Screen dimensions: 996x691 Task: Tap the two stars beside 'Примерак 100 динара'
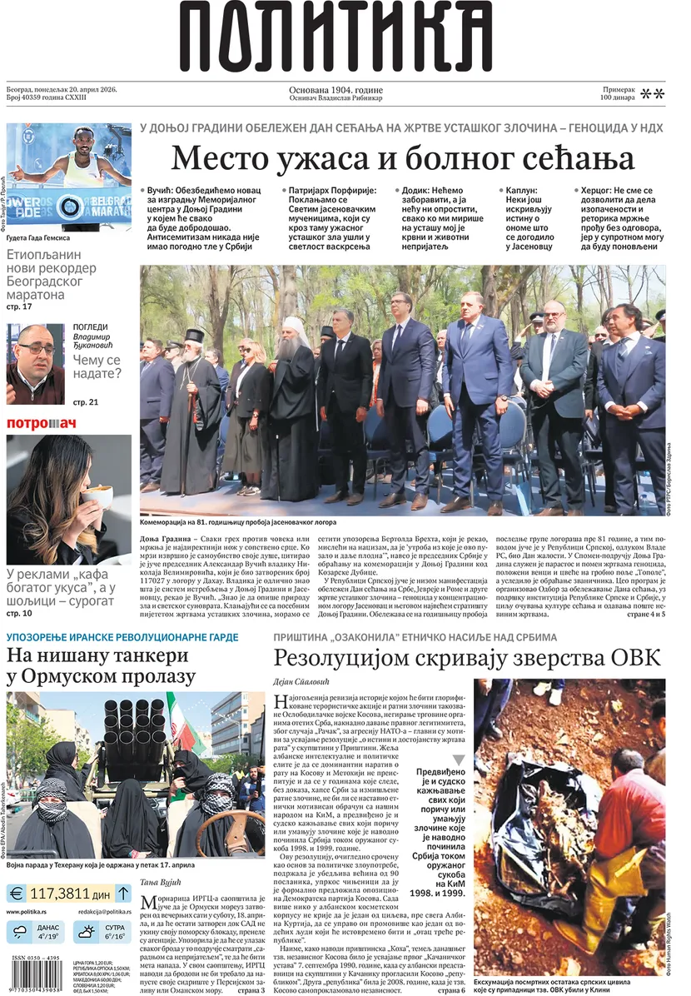(653, 94)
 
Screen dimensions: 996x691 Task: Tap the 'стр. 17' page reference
(19, 306)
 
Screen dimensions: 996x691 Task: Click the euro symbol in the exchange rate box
(17, 894)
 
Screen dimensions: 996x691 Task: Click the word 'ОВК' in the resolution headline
(635, 658)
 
